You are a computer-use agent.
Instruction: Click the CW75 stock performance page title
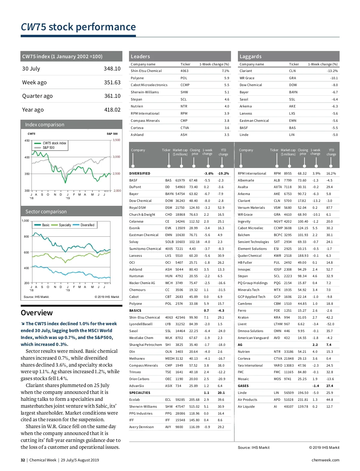pos(78,27)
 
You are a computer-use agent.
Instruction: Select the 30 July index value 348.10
pos(112,69)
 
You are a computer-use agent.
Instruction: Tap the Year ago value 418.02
pos(112,110)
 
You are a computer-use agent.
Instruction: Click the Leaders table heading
pos(140,56)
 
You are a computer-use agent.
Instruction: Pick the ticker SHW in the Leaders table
pos(184,92)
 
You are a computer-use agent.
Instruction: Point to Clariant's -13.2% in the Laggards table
pos(332,71)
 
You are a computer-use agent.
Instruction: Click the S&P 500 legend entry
pos(48,148)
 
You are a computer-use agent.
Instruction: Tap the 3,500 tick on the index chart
pos(116,140)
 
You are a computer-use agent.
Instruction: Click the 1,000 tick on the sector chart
pos(25,221)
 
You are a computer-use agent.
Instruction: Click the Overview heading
pos(37,313)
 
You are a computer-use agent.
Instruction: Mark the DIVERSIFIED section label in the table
pos(140,173)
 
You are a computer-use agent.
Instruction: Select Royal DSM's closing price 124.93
pos(194,208)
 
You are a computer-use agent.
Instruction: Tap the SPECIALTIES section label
pos(140,393)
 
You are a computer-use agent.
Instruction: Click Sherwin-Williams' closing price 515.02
pos(194,406)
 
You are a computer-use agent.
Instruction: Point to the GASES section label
pos(243,386)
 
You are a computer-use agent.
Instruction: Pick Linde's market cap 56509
pos(289,393)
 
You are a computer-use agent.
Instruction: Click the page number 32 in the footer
pos(23,460)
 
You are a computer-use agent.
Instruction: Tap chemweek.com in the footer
pos(325,460)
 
